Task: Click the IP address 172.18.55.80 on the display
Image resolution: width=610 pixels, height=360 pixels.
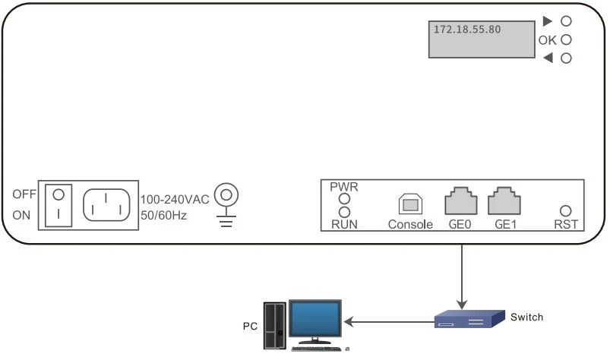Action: coord(466,28)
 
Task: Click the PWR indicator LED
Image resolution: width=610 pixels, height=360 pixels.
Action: coord(343,199)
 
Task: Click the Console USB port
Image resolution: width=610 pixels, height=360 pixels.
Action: coord(409,204)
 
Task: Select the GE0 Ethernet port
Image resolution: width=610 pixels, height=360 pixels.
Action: coord(460,201)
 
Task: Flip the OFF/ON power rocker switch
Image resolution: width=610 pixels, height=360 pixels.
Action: coord(57,204)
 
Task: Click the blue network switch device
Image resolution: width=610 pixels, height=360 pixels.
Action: coord(469,320)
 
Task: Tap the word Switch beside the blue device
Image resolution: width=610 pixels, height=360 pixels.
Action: coord(527,317)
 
